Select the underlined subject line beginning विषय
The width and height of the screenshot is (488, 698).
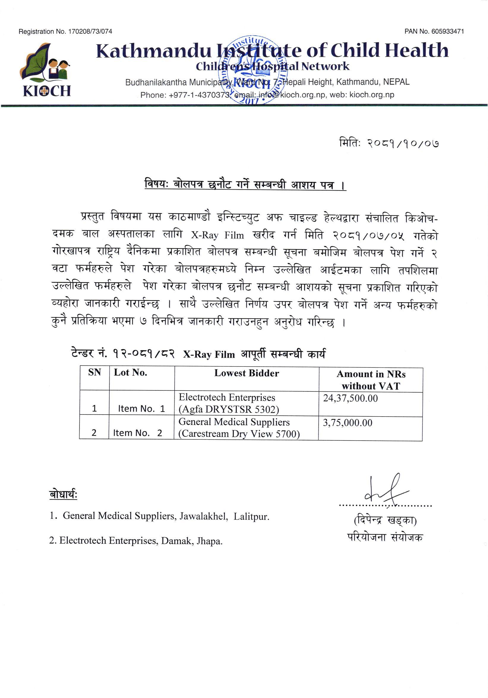coord(245,185)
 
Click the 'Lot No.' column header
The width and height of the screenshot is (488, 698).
coord(130,373)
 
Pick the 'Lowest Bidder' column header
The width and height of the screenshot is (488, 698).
coord(247,373)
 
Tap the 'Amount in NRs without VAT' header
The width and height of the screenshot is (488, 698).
coord(371,380)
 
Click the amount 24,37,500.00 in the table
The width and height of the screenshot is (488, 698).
coord(350,398)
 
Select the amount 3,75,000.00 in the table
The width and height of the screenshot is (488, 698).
coord(347,423)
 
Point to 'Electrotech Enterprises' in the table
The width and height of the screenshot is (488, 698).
coord(227,398)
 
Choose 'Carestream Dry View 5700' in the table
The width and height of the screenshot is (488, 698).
coord(239,434)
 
